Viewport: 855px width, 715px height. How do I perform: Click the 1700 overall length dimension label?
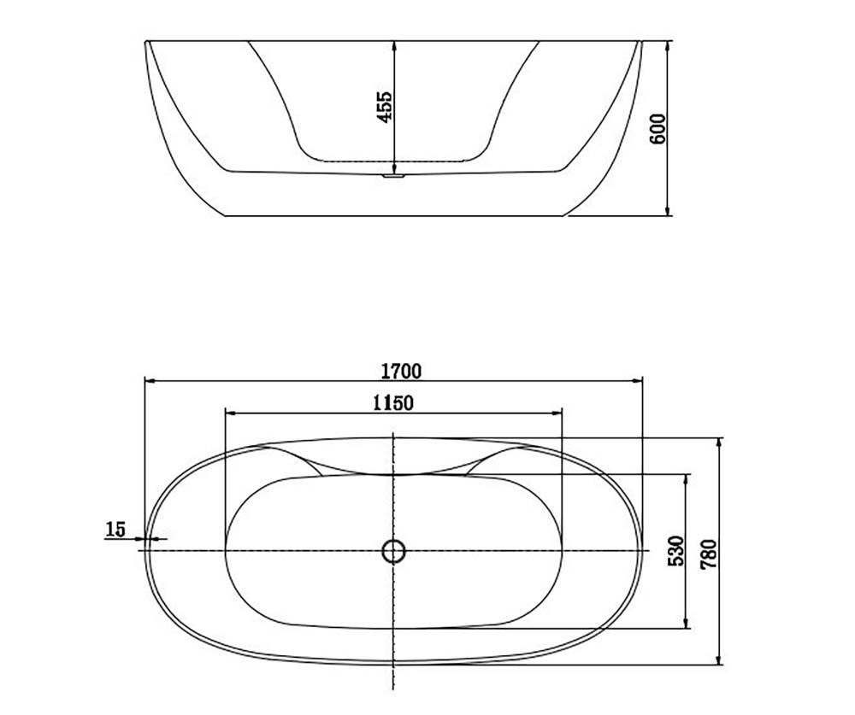point(401,371)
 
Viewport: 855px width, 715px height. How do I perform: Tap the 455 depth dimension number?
point(385,106)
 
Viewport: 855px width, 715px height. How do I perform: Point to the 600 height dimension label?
point(658,129)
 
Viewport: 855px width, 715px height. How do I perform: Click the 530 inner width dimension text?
point(675,550)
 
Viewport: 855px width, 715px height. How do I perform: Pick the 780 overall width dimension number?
point(709,554)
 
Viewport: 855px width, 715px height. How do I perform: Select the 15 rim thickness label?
point(115,529)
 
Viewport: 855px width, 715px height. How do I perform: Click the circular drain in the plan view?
point(393,551)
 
